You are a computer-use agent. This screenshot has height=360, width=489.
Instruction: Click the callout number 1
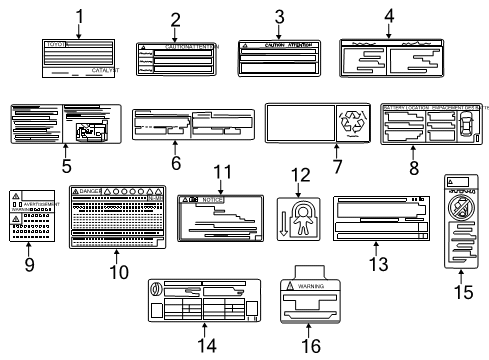[79, 15]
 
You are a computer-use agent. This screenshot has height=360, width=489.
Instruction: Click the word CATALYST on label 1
[104, 71]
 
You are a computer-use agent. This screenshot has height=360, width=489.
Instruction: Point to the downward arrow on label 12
[284, 224]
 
